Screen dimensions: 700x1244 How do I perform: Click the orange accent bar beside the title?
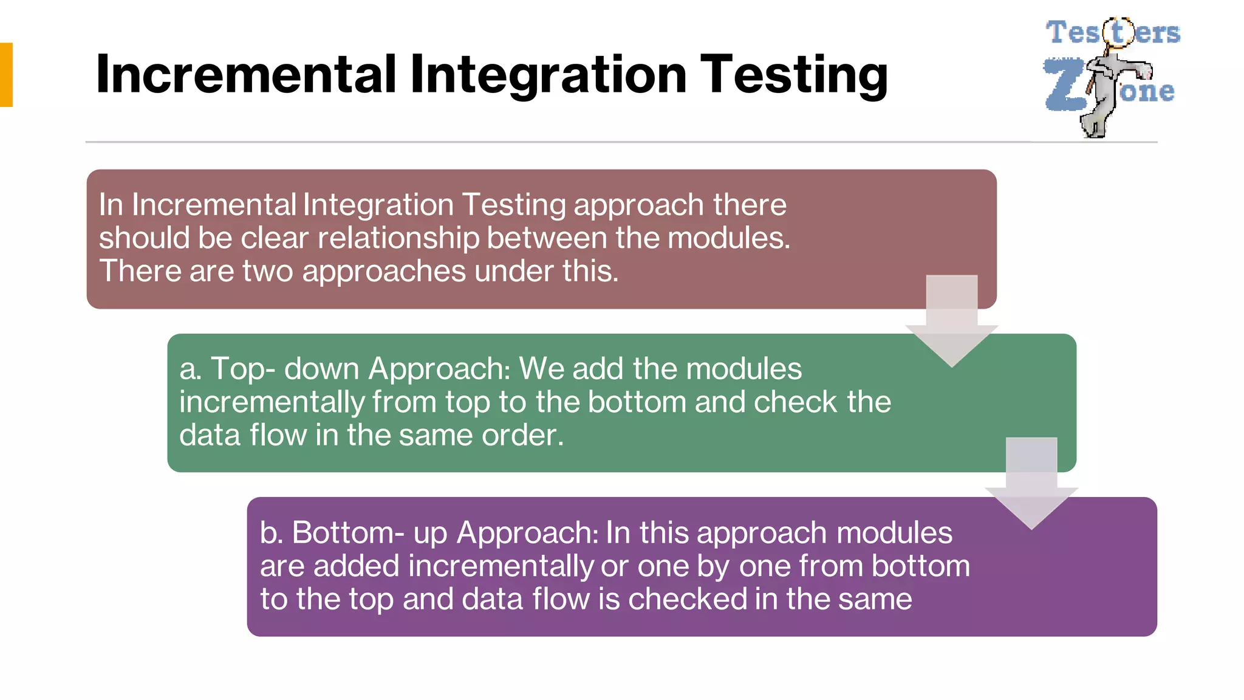[x=6, y=75]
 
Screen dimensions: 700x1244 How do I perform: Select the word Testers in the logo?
[x=1112, y=33]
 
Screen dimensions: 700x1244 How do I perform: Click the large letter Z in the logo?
[x=1064, y=85]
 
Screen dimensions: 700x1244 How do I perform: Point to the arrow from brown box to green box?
[x=951, y=322]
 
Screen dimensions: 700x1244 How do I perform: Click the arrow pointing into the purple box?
[x=1031, y=484]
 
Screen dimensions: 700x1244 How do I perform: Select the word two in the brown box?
[x=267, y=271]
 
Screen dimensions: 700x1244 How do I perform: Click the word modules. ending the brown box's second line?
[x=729, y=238]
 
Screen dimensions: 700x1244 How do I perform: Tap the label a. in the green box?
[x=190, y=369]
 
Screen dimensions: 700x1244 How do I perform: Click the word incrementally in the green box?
[x=272, y=402]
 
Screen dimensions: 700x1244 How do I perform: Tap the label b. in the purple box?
[x=271, y=533]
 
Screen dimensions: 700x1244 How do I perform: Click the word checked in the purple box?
[x=687, y=599]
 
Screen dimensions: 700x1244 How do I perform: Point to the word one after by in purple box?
[x=765, y=566]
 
